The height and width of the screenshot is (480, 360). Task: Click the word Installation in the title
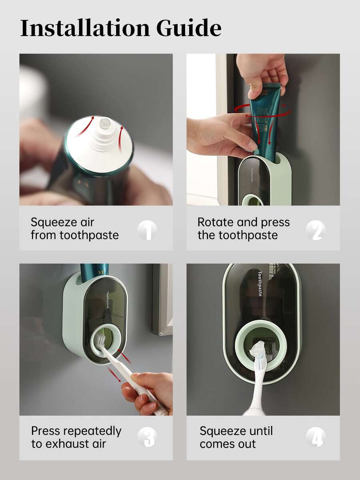pos(85,28)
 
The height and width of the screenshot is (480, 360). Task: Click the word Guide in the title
pos(189,28)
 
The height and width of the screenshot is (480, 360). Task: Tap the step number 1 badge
pos(147,230)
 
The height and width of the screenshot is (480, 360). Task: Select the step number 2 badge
pos(316,230)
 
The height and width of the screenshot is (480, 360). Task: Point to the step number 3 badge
pos(147,437)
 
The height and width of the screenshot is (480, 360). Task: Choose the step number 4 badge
pos(316,437)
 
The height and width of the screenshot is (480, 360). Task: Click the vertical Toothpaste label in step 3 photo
pos(108,300)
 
